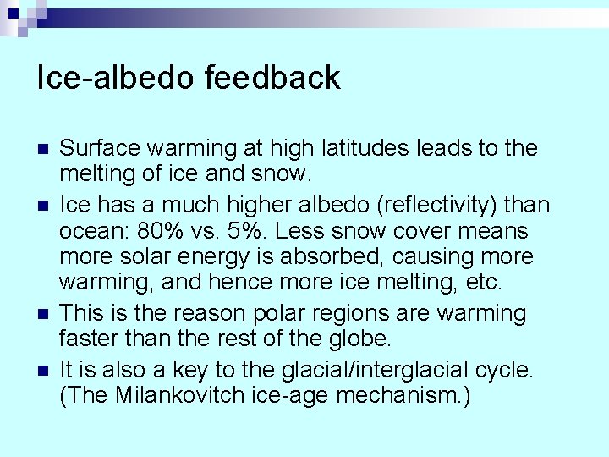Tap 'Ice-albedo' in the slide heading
[x=116, y=77]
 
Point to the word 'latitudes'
[x=360, y=149]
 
